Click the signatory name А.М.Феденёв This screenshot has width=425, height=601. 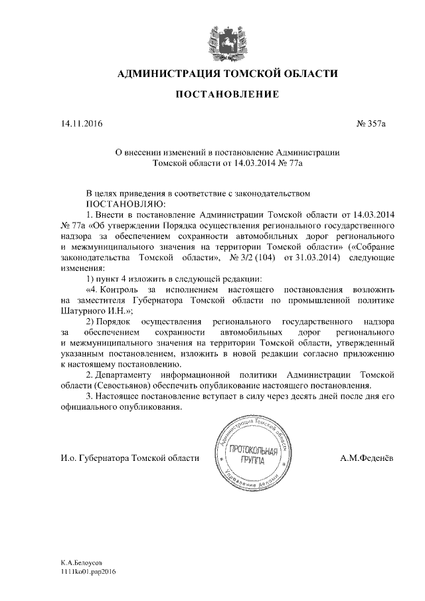(368, 458)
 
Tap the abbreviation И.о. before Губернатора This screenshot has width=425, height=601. (68, 458)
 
